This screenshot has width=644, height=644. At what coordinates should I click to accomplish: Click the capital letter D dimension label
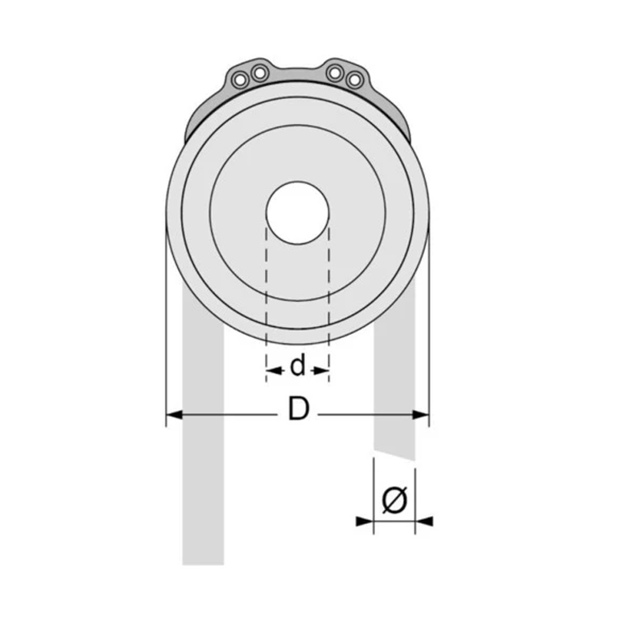coord(299,411)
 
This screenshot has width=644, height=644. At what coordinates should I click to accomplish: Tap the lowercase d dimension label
coord(298,367)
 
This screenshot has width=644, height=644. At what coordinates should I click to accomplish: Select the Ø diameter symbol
coord(394,501)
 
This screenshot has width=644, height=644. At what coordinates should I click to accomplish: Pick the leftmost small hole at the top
coord(241,80)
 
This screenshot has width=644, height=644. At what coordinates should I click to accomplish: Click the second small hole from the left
coord(258,74)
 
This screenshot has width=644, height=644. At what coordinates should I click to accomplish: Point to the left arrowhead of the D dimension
coord(173,415)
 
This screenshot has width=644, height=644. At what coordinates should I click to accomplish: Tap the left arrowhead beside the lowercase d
coord(272,370)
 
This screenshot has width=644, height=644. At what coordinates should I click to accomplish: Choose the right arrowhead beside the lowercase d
coord(322,370)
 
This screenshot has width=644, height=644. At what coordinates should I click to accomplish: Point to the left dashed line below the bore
coord(266,298)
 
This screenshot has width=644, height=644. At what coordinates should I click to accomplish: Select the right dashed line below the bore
coord(329,298)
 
